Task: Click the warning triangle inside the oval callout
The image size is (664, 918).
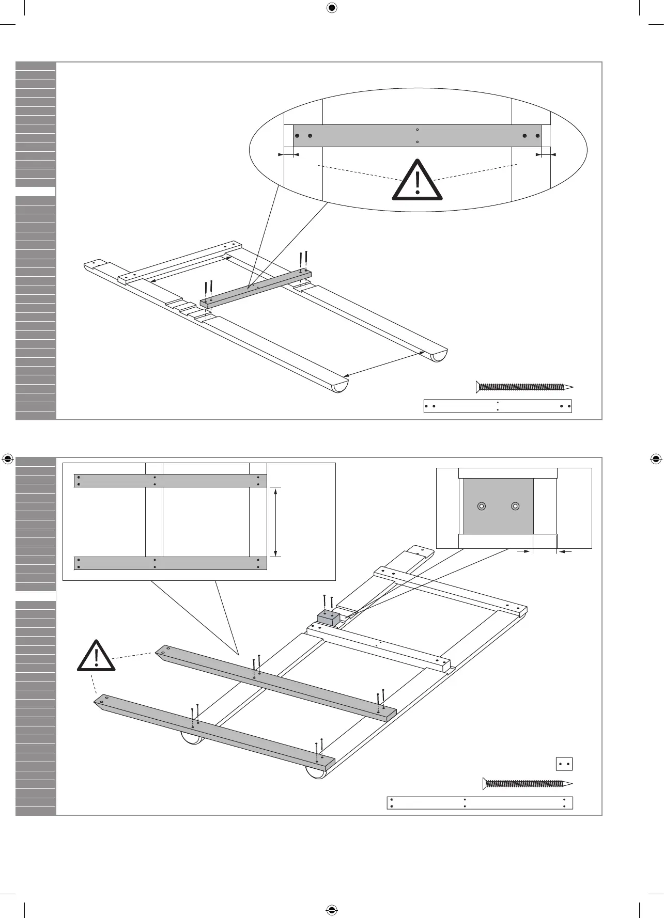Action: coord(418,181)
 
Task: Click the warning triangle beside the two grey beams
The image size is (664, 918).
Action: coord(96,657)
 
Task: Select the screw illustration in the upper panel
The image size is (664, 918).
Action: coord(524,387)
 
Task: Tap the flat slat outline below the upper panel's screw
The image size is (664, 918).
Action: coord(498,406)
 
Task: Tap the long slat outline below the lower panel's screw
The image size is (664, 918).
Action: coord(480,803)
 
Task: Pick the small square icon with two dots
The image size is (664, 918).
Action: coord(564,764)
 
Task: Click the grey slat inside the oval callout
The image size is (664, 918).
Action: coord(417,136)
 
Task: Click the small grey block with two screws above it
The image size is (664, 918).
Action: coord(328,617)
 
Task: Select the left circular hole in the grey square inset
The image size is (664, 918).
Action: coord(482,506)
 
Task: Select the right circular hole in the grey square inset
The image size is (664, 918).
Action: coord(515,506)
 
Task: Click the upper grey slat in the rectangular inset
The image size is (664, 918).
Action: coord(171,481)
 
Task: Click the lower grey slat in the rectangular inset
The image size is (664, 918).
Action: coord(171,563)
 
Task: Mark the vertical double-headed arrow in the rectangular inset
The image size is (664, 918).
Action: coord(276,521)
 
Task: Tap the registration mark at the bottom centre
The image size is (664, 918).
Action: coord(332,910)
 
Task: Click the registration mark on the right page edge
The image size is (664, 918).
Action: coord(655,458)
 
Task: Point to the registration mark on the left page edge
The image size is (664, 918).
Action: coord(8,458)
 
